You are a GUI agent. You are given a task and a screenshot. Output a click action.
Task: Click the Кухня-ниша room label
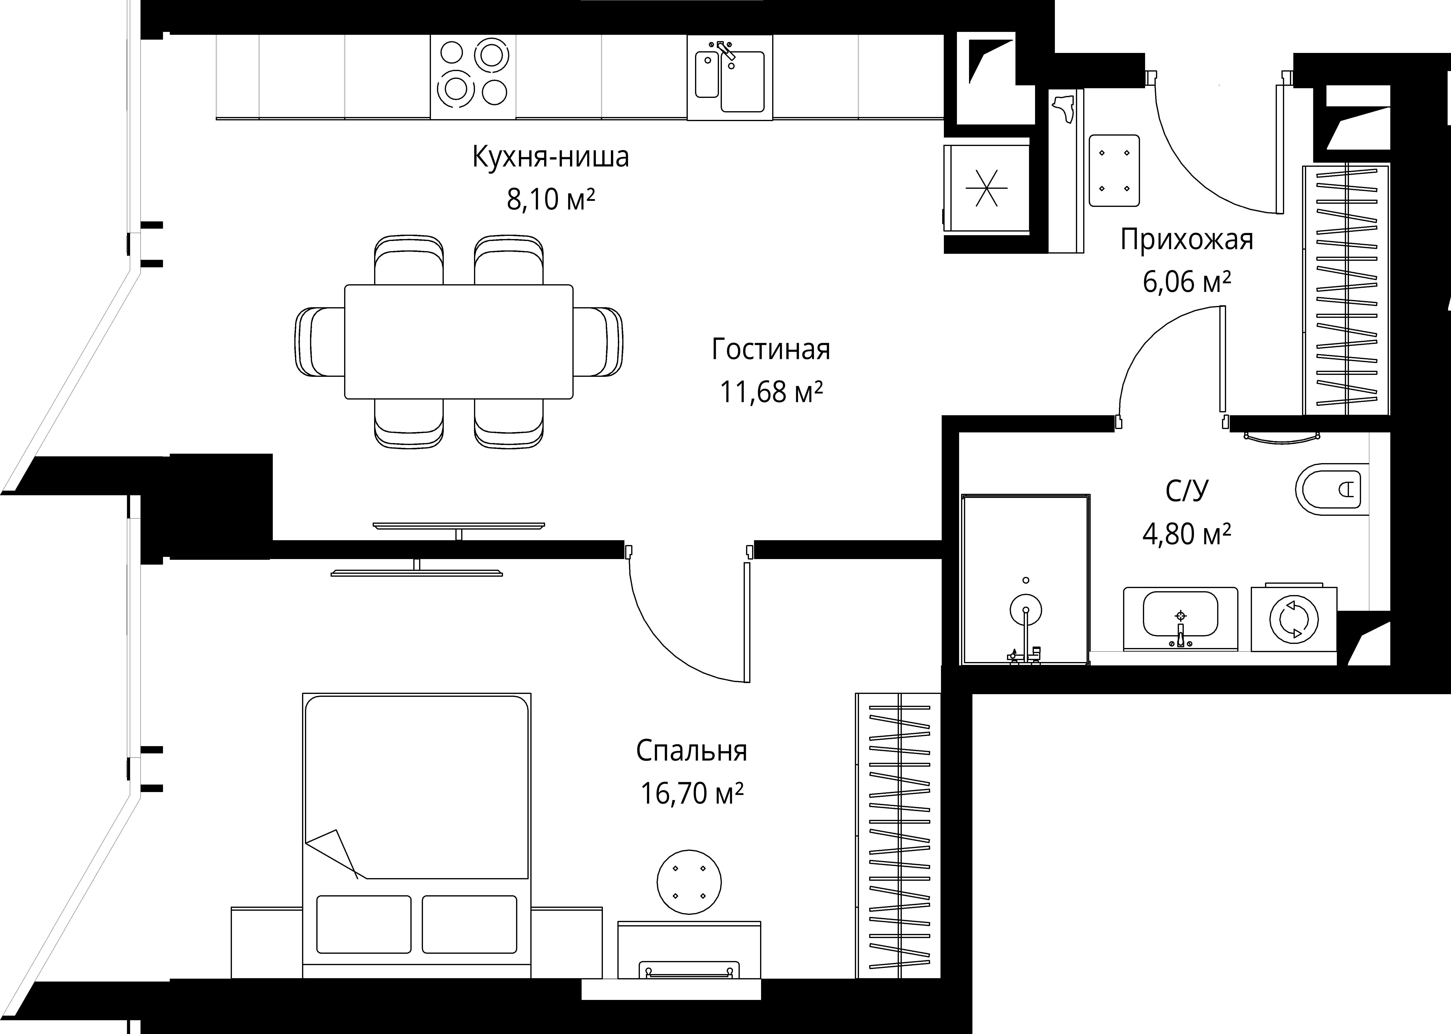click(x=550, y=157)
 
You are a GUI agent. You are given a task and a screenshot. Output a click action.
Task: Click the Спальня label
click(x=691, y=751)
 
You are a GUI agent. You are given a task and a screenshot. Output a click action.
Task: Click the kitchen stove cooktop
click(x=473, y=77)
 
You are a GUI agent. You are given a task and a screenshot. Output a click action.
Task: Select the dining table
click(x=459, y=341)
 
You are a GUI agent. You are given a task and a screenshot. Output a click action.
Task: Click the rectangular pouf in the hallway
click(x=1114, y=170)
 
